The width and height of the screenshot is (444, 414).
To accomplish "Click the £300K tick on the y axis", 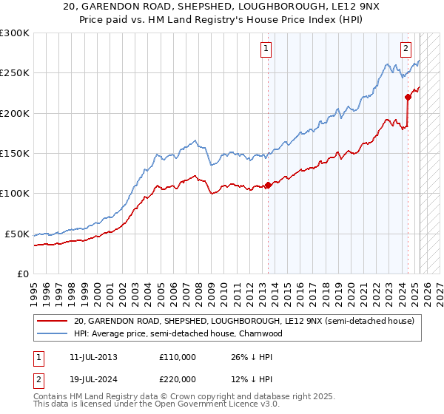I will (x=15, y=33).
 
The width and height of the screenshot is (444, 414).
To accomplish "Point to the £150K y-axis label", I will (x=15, y=154).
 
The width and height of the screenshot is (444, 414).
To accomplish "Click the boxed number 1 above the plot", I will (x=266, y=50).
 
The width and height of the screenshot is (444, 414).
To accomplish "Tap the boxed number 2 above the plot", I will (x=406, y=50).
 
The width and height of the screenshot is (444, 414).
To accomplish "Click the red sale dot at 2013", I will (x=268, y=186).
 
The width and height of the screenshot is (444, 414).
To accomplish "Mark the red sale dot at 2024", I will (x=408, y=97).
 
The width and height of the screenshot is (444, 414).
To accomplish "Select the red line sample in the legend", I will (x=53, y=320).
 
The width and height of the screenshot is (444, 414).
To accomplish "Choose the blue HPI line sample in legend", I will (x=53, y=333).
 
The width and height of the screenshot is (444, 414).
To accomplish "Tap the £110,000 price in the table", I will (x=178, y=356).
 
